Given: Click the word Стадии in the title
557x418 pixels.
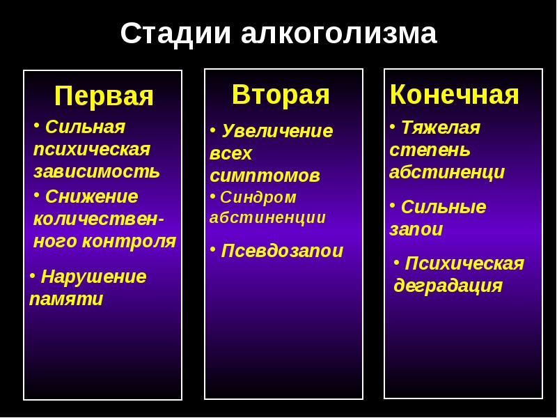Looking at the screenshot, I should [x=175, y=33].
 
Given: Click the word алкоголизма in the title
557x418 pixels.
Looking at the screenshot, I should [x=339, y=33].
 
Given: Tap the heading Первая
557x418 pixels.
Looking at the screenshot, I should [x=104, y=96].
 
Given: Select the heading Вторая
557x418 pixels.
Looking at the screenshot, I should [x=281, y=94].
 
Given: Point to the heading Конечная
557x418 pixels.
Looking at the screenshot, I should [x=454, y=94].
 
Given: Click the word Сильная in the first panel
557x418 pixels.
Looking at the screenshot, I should [x=85, y=127].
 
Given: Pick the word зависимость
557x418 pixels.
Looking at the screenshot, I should [x=97, y=171].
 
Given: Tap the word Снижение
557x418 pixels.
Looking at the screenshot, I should [x=91, y=197].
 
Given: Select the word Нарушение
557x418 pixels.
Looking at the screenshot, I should [x=93, y=277].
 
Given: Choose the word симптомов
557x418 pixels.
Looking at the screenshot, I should [x=265, y=176].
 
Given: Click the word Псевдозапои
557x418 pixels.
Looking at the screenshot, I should [x=282, y=251].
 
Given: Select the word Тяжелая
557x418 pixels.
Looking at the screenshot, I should [x=440, y=127].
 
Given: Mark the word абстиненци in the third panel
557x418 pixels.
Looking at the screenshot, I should [x=447, y=172].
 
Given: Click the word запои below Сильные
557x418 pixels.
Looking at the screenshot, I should [x=416, y=230].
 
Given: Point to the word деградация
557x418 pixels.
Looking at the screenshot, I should [x=448, y=286].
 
